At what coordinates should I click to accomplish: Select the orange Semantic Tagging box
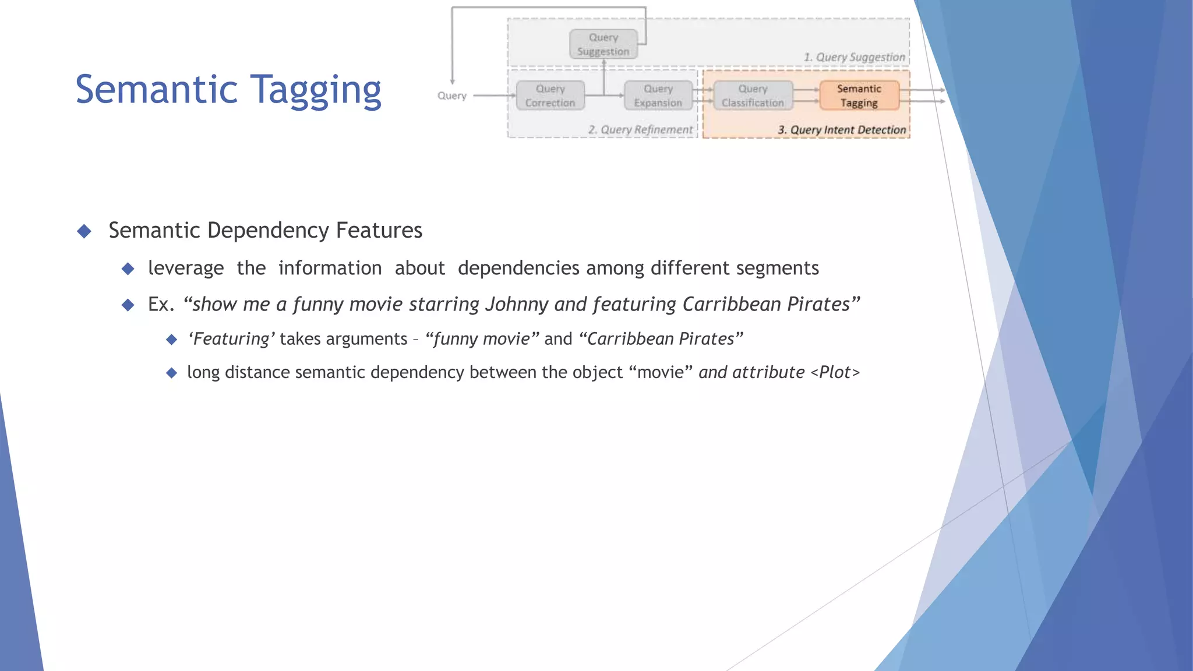pyautogui.click(x=859, y=96)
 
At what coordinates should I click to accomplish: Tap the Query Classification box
pyautogui.click(x=753, y=96)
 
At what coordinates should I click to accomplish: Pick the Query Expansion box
pyautogui.click(x=658, y=96)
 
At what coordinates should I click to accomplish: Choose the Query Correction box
pyautogui.click(x=550, y=96)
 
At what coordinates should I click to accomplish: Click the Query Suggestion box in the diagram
pyautogui.click(x=603, y=44)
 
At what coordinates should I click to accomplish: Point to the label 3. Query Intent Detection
pyautogui.click(x=842, y=130)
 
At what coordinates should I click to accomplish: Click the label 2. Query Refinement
pyautogui.click(x=640, y=130)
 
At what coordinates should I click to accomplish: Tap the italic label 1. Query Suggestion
pyautogui.click(x=854, y=57)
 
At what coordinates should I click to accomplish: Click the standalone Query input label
pyautogui.click(x=452, y=96)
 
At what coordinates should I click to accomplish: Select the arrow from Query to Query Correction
pyautogui.click(x=494, y=96)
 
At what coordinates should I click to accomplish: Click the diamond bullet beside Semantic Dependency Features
pyautogui.click(x=84, y=231)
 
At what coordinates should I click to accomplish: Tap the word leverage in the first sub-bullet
pyautogui.click(x=186, y=268)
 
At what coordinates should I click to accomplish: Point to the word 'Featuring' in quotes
pyautogui.click(x=231, y=339)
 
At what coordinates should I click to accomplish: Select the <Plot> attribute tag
pyautogui.click(x=835, y=372)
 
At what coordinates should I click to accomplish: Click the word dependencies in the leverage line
pyautogui.click(x=518, y=268)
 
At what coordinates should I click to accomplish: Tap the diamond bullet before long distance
pyautogui.click(x=171, y=373)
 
